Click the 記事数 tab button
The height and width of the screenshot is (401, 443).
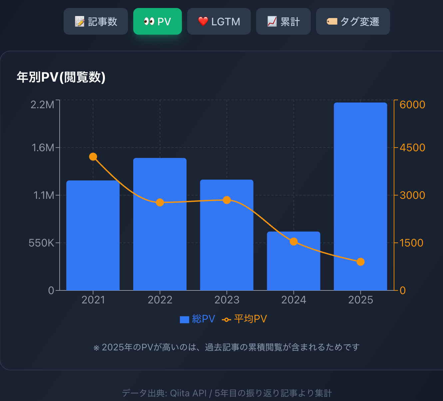pyautogui.click(x=96, y=22)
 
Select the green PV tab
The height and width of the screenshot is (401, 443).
pyautogui.click(x=158, y=22)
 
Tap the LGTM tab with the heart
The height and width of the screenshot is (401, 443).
pyautogui.click(x=219, y=22)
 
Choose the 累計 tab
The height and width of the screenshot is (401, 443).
pyautogui.click(x=283, y=22)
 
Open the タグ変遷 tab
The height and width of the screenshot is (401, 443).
pyautogui.click(x=353, y=22)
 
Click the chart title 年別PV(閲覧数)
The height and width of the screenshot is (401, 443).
pyautogui.click(x=61, y=77)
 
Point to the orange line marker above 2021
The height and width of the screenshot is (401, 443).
pyautogui.click(x=93, y=157)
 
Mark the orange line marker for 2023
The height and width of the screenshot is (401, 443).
pyautogui.click(x=227, y=200)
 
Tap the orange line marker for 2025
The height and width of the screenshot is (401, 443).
pyautogui.click(x=360, y=262)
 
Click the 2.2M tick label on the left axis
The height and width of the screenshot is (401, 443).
pyautogui.click(x=42, y=105)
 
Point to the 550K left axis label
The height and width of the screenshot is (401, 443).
pyautogui.click(x=41, y=243)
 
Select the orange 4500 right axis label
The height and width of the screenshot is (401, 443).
pyautogui.click(x=412, y=148)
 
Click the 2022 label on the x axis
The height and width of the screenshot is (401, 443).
pyautogui.click(x=160, y=300)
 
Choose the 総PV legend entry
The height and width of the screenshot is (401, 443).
pyautogui.click(x=198, y=319)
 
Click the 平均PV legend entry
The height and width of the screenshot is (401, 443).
pyautogui.click(x=244, y=319)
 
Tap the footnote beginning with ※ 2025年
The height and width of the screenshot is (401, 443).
pyautogui.click(x=226, y=347)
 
